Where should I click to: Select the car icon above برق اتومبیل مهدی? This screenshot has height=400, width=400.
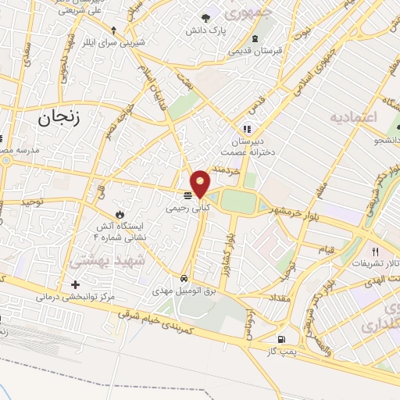coord(183,277)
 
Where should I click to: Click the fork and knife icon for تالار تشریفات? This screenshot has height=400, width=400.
coord(375,252)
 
